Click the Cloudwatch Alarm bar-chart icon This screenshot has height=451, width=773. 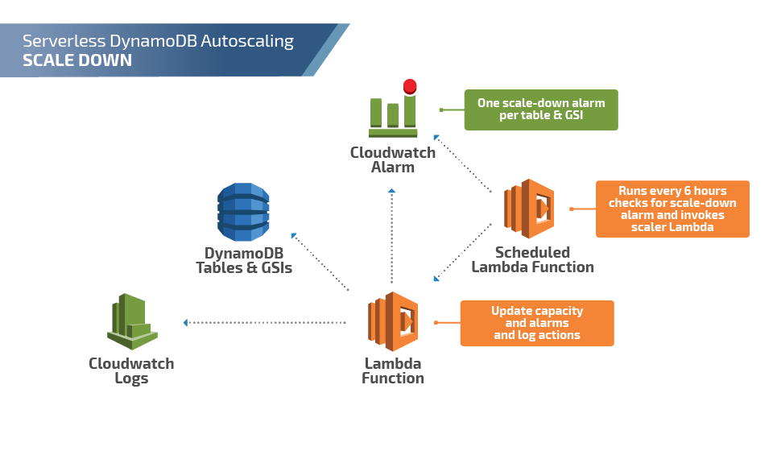pyautogui.click(x=392, y=113)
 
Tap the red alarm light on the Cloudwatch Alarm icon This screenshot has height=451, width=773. pyautogui.click(x=410, y=86)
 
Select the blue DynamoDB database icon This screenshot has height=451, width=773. pyautogui.click(x=243, y=212)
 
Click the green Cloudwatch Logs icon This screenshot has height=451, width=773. pyautogui.click(x=131, y=321)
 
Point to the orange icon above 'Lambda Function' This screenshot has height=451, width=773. pyautogui.click(x=393, y=321)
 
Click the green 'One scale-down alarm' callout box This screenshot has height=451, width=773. pyautogui.click(x=541, y=110)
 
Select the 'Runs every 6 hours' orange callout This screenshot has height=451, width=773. pyautogui.click(x=672, y=209)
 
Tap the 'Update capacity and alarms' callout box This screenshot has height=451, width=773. pyautogui.click(x=537, y=323)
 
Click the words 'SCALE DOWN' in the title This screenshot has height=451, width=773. pyautogui.click(x=77, y=60)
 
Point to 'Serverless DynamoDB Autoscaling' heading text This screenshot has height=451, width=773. pyautogui.click(x=158, y=40)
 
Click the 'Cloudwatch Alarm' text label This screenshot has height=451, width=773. pyautogui.click(x=393, y=159)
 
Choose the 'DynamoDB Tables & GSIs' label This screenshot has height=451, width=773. pyautogui.click(x=244, y=260)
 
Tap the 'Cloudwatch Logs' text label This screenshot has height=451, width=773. pyautogui.click(x=131, y=370)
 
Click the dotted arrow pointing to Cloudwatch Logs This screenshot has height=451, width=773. pyautogui.click(x=266, y=322)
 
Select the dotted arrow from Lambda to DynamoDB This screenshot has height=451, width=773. pyautogui.click(x=320, y=261)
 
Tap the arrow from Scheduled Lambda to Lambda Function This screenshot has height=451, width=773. pyautogui.click(x=463, y=251)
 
